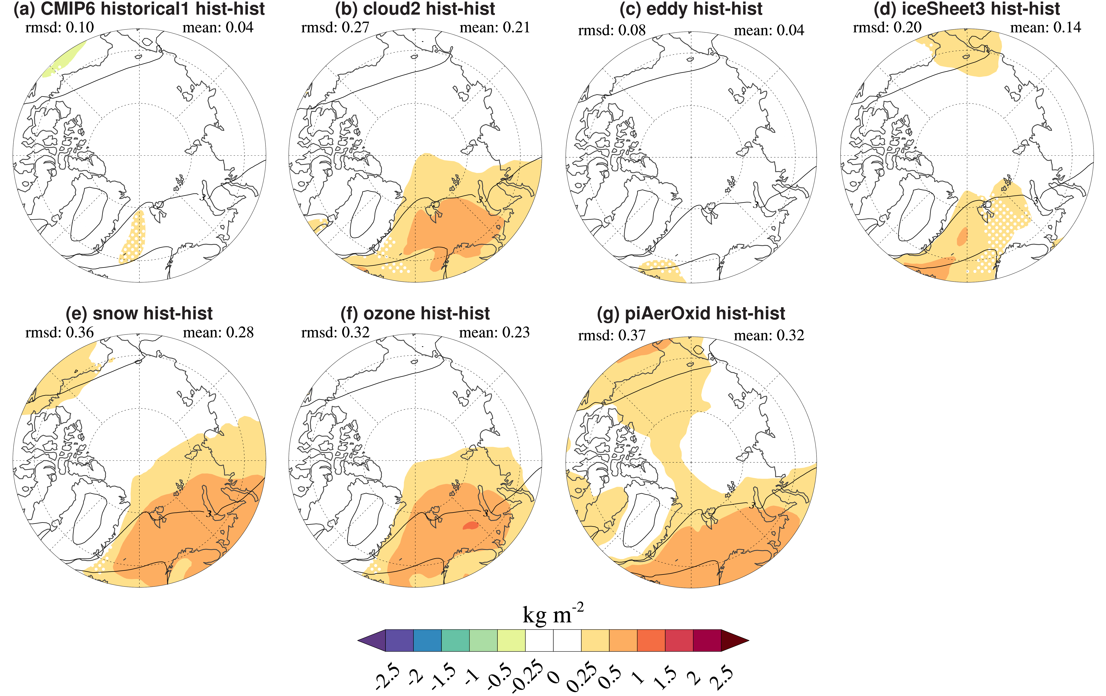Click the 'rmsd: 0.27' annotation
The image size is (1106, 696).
coord(335,28)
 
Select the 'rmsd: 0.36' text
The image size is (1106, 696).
coord(60,332)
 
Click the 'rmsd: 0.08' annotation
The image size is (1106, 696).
coord(612,30)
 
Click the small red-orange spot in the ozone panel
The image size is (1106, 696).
coord(470,525)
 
